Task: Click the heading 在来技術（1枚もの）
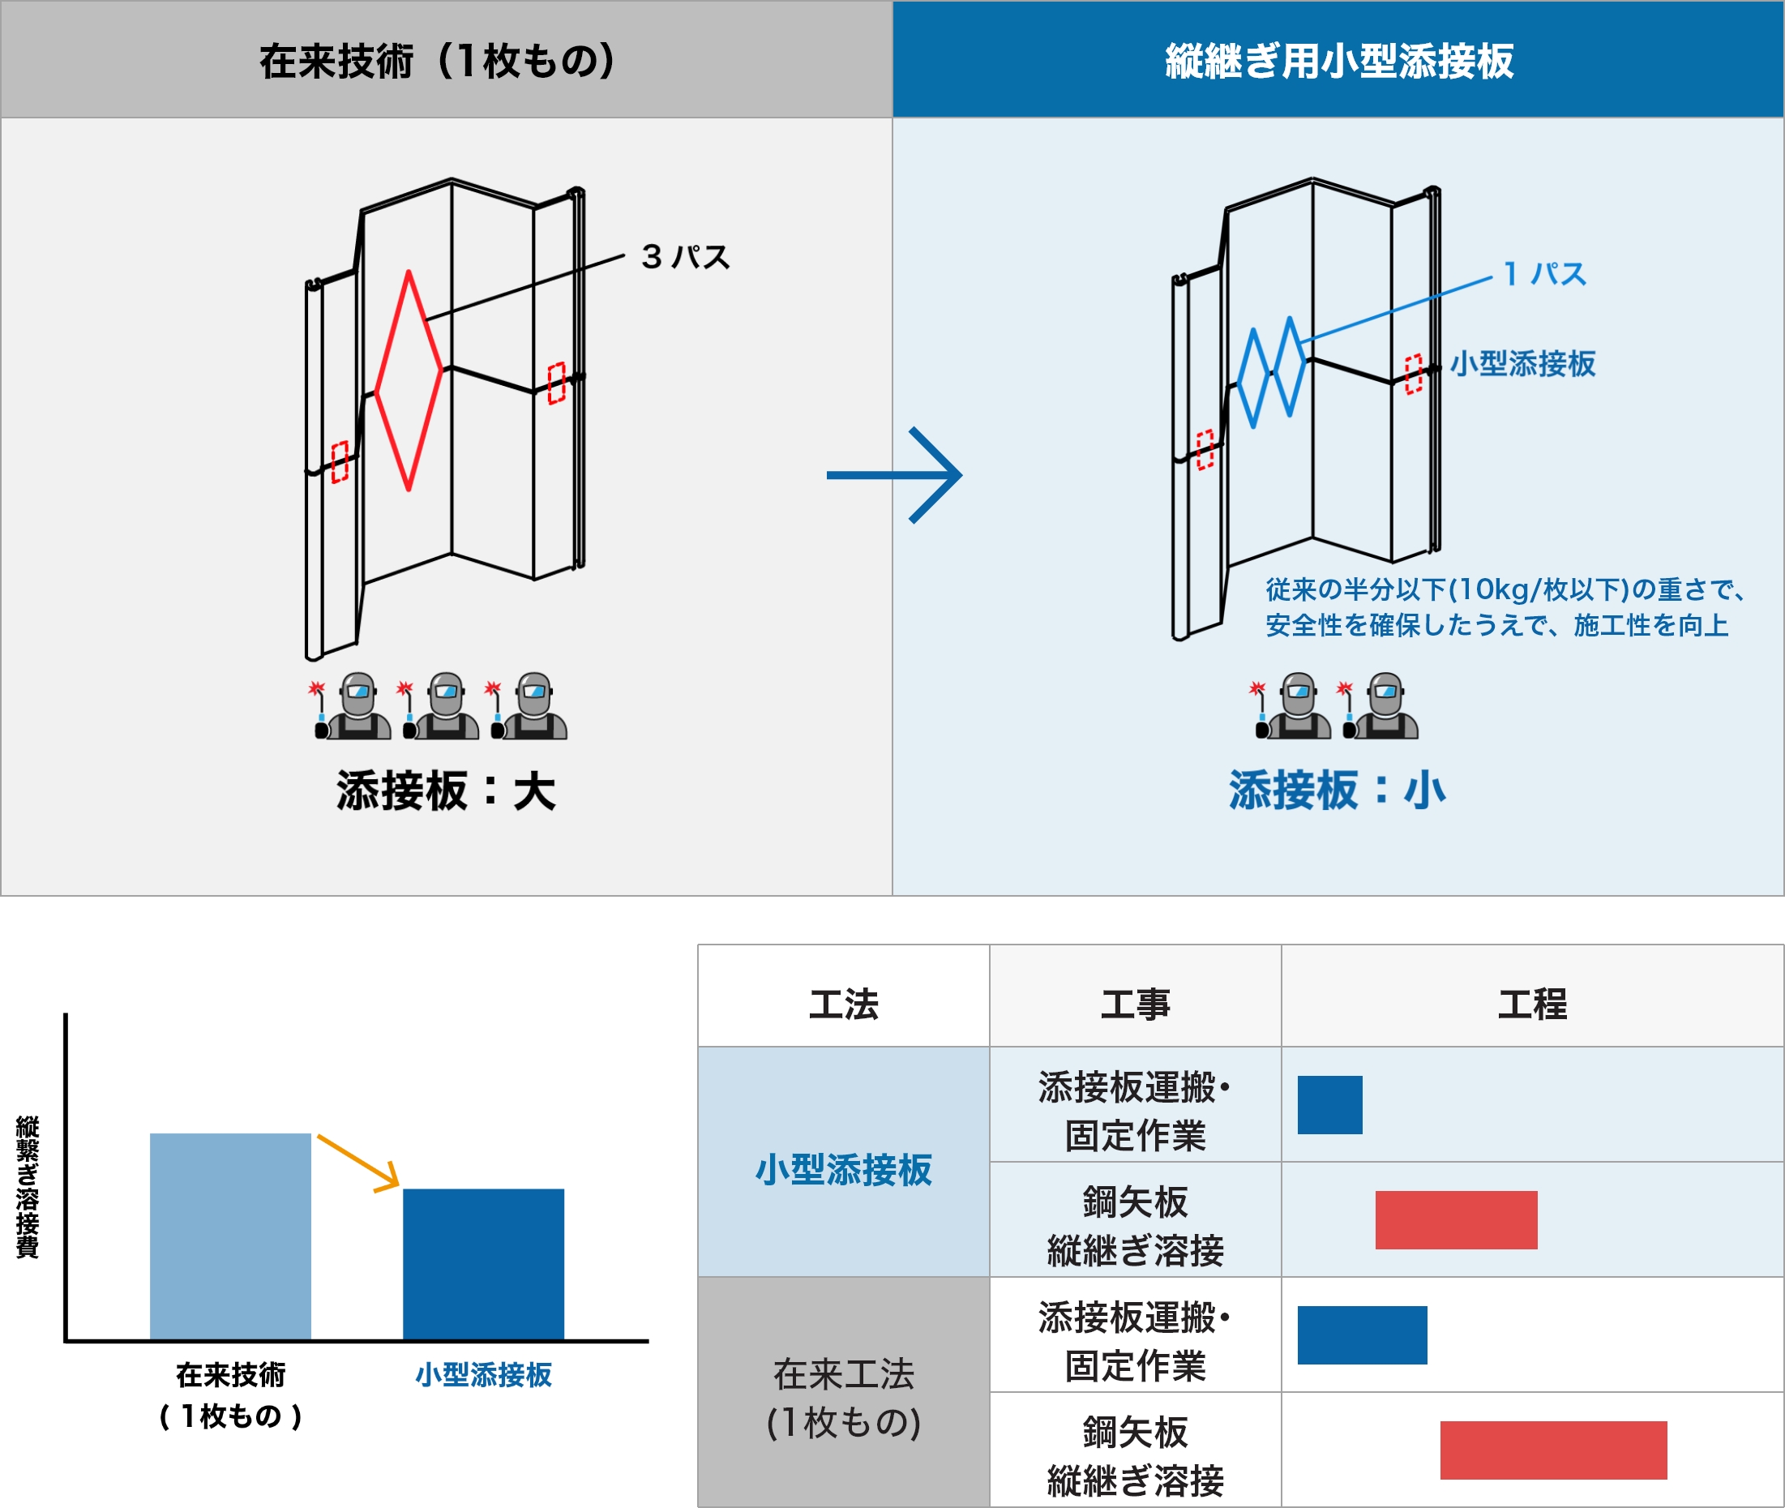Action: (438, 61)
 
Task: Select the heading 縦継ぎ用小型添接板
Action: (1339, 61)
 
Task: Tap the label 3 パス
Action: (686, 256)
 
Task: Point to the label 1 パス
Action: (1544, 273)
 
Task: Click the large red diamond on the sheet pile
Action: (377, 393)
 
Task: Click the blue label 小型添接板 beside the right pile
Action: (1522, 363)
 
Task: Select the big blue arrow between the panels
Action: (894, 474)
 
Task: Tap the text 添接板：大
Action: (445, 790)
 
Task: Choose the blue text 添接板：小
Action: (1337, 790)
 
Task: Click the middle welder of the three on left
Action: (441, 707)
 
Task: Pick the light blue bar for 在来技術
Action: (230, 1236)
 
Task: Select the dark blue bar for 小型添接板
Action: (483, 1263)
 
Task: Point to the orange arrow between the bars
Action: (358, 1162)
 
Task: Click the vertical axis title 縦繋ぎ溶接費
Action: (27, 1187)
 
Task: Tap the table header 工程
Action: (1531, 1004)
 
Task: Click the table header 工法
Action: (843, 1004)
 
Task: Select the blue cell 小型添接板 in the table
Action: (843, 1169)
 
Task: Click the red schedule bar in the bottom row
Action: (1552, 1450)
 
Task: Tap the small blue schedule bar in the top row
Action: (1329, 1104)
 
